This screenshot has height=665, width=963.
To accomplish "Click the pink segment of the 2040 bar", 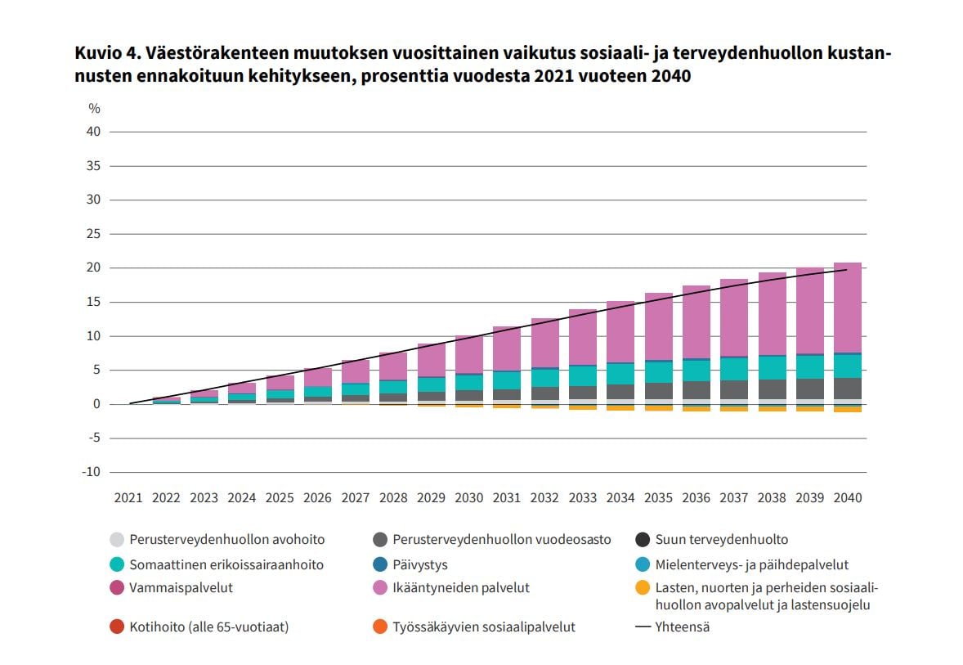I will [848, 308].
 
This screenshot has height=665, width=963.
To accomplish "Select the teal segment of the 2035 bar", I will [658, 372].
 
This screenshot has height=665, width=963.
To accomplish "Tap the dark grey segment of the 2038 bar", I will [772, 389].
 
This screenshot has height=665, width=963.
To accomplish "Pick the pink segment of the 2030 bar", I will [469, 354].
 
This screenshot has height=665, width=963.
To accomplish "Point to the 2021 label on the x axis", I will [128, 497].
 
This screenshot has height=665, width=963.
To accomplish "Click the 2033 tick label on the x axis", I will [583, 497].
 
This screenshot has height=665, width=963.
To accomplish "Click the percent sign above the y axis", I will [94, 109].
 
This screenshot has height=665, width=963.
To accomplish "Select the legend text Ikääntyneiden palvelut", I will [461, 587].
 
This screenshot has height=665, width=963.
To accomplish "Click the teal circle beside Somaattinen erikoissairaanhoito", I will [116, 564].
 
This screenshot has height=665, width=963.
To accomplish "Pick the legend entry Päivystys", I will [420, 564].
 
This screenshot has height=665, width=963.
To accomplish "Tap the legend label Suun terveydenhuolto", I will [722, 540].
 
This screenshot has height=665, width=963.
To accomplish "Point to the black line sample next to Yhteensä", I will [643, 627].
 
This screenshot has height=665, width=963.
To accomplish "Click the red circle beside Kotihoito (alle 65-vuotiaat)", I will [116, 627].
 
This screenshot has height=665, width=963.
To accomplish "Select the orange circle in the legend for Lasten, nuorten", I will [643, 587].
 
